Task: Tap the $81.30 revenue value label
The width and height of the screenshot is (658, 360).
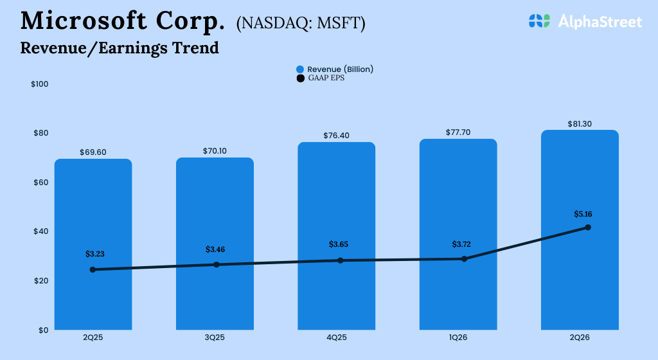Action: point(580,123)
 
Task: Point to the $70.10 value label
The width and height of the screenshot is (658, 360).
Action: point(215,151)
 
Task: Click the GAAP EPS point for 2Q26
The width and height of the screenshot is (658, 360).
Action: point(587,228)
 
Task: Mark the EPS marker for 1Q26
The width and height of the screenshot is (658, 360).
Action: point(464,259)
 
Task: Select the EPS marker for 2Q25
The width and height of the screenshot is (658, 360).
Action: point(93,269)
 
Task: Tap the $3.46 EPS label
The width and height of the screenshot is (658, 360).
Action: point(215,249)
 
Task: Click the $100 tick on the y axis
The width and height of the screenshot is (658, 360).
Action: point(40,84)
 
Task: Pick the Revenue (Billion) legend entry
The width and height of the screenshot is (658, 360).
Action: point(334,69)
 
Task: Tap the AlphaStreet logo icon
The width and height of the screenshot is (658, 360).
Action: point(540,21)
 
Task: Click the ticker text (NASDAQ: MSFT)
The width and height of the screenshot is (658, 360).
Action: point(301,24)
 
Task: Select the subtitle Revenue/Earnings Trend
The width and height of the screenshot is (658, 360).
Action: point(120,48)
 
